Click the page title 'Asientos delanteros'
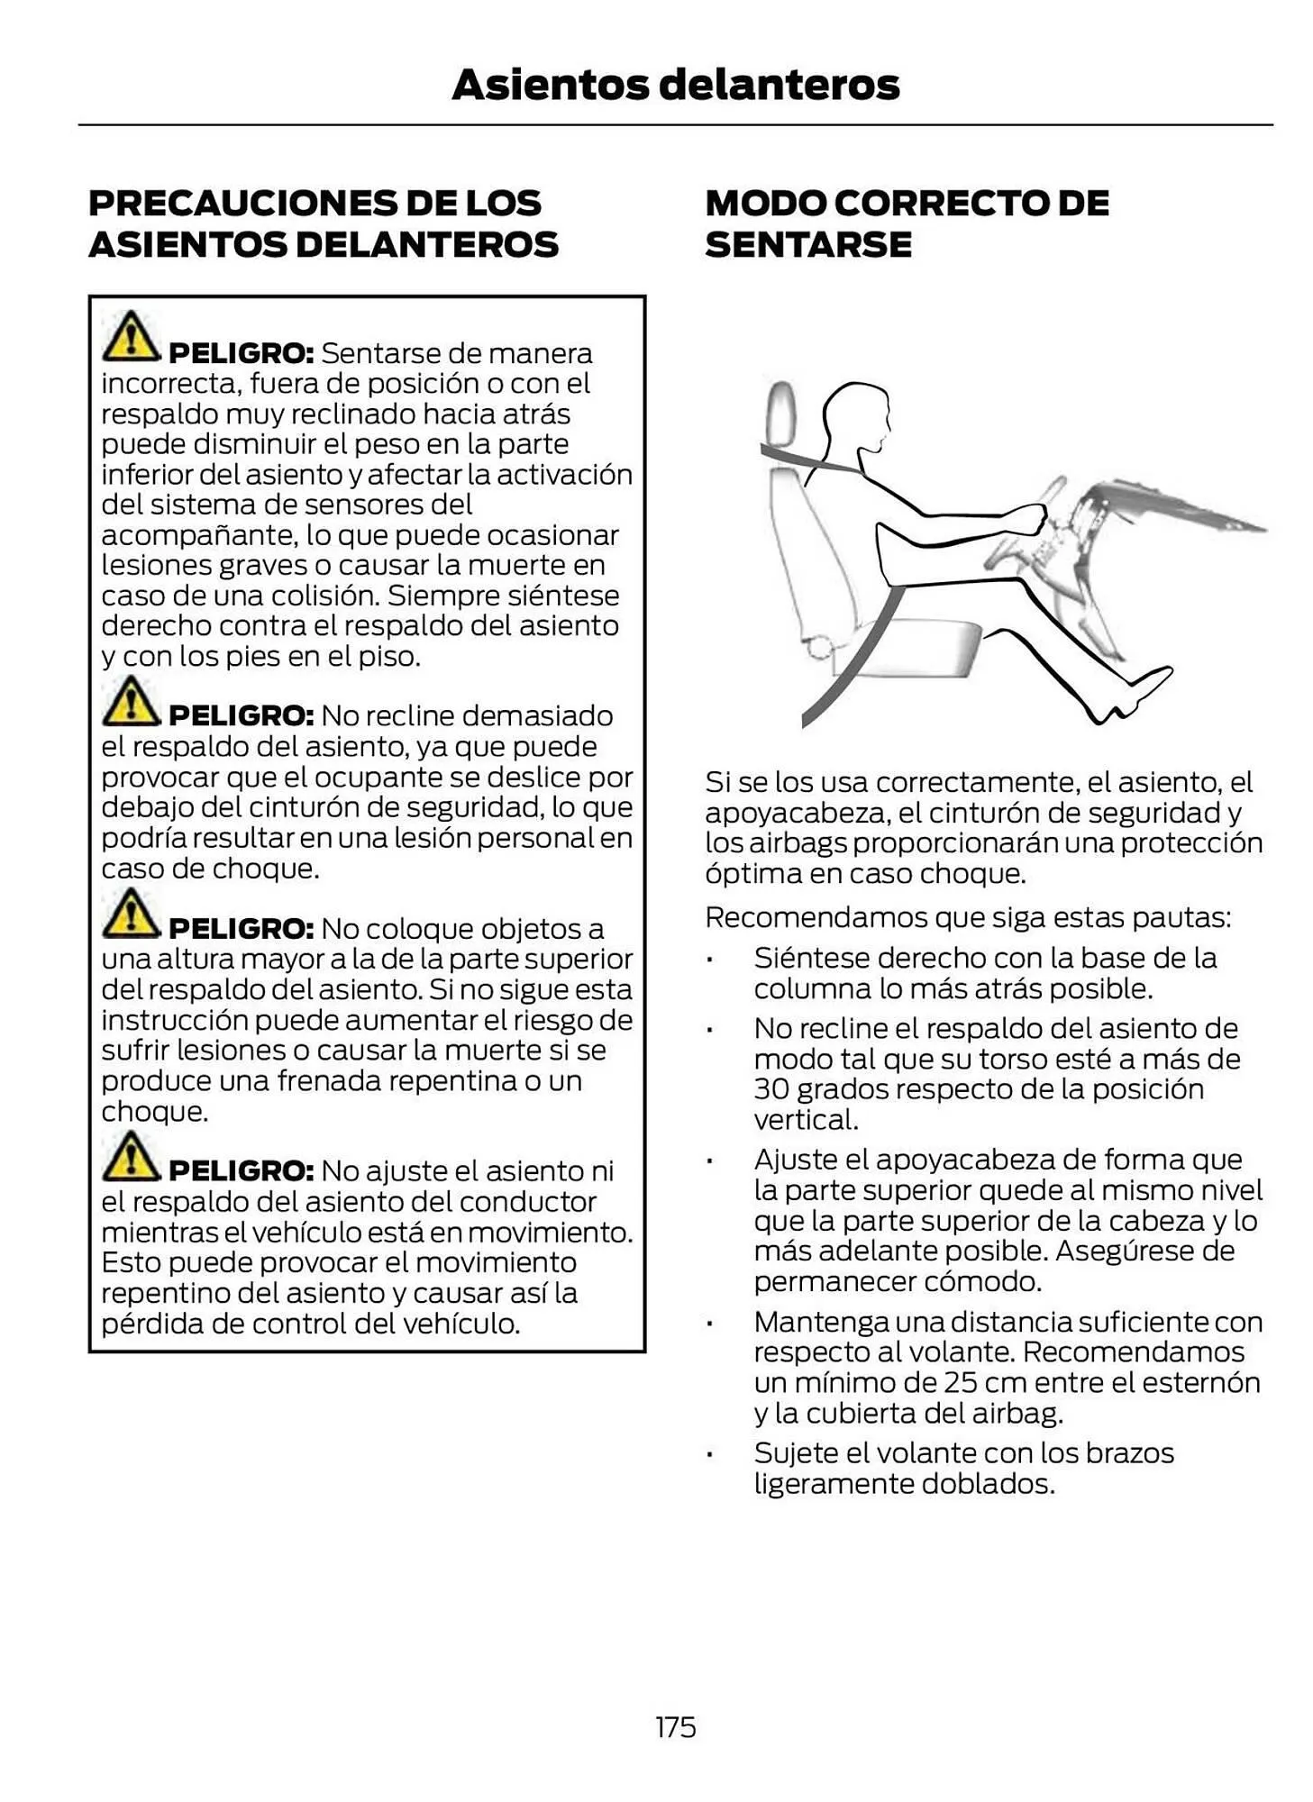(x=675, y=85)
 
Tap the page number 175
(x=675, y=1727)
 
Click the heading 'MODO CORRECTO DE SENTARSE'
(x=906, y=223)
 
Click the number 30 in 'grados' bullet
(x=770, y=1089)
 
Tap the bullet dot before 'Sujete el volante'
(x=710, y=1454)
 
